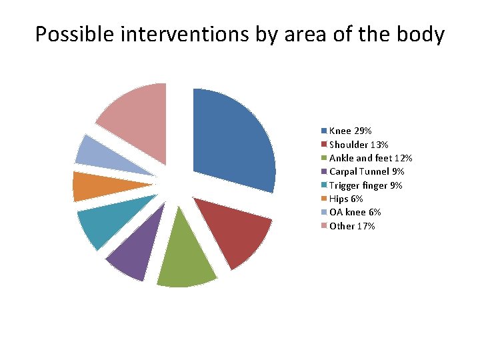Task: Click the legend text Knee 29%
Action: click(x=350, y=131)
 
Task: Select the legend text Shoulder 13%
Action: click(x=359, y=145)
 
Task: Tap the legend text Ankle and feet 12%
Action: click(x=371, y=158)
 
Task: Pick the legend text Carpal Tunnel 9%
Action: click(x=367, y=172)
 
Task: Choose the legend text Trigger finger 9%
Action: click(x=365, y=185)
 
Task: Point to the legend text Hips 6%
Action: click(x=346, y=199)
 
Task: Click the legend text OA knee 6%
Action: click(x=355, y=212)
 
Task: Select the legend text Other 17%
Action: click(x=352, y=226)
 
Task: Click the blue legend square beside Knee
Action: click(x=324, y=131)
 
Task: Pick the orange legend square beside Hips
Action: click(x=324, y=199)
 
